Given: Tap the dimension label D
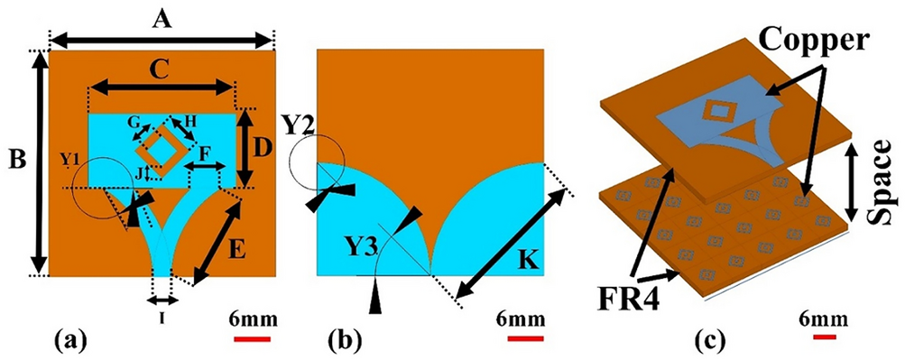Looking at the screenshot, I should [x=261, y=143].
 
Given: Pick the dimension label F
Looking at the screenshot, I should [x=205, y=155].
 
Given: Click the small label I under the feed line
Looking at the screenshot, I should [x=162, y=315].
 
